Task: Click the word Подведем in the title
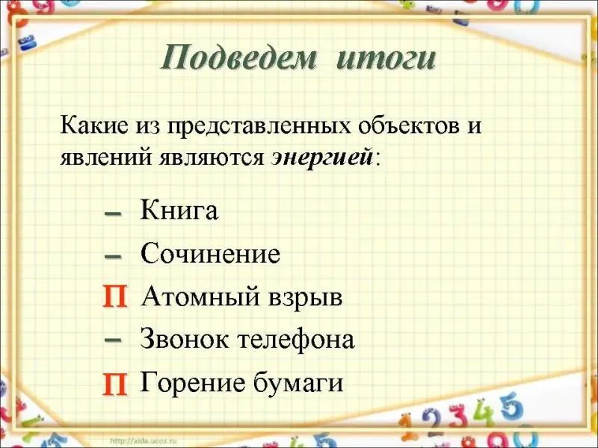239,58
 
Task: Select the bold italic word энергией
322,157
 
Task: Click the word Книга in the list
179,210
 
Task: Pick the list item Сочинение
210,253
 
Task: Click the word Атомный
202,296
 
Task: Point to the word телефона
296,339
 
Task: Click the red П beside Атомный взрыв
114,297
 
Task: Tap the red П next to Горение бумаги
114,384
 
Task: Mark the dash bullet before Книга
113,214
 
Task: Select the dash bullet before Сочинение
113,257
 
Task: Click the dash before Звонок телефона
113,340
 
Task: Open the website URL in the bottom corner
144,441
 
